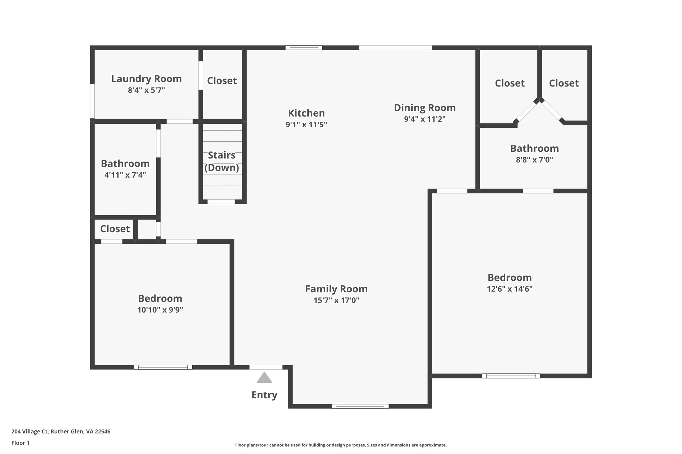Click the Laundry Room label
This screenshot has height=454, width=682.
[x=146, y=79]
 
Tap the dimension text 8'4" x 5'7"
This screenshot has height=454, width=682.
[x=146, y=90]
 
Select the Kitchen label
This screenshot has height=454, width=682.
[x=306, y=113]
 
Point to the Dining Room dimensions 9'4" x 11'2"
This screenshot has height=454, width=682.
[x=425, y=119]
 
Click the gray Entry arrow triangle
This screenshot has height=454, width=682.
[x=264, y=378]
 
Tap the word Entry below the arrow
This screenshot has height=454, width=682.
[x=264, y=395]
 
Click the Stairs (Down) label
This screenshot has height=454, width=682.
[x=221, y=161]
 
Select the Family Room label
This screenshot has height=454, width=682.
[x=336, y=289]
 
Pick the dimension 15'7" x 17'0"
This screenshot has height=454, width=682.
[x=336, y=300]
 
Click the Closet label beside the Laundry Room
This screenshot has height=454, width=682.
[x=222, y=81]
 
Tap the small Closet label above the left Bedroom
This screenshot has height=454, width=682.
[x=115, y=229]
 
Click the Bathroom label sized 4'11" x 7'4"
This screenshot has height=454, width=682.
[x=125, y=164]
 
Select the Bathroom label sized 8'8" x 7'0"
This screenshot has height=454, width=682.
[x=534, y=148]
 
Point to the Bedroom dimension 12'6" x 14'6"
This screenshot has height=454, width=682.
[x=510, y=289]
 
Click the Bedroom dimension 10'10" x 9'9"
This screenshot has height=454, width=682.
[x=160, y=310]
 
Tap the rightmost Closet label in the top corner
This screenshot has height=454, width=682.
[x=563, y=83]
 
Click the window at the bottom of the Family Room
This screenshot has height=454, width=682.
[x=360, y=406]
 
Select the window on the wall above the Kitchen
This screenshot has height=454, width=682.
[x=304, y=48]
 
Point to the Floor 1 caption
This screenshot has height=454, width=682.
[x=20, y=443]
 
